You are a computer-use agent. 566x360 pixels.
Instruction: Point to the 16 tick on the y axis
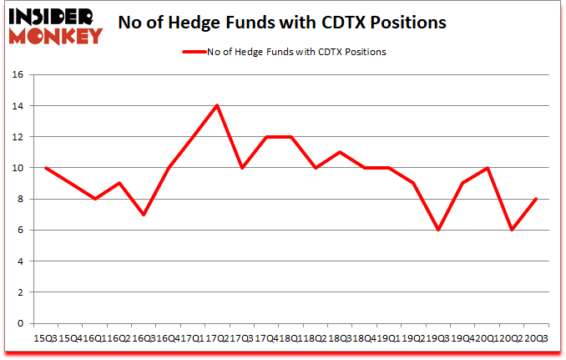click(18, 74)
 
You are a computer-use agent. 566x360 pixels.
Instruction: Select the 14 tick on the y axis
click(18, 106)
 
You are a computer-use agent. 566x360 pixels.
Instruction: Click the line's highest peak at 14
click(217, 105)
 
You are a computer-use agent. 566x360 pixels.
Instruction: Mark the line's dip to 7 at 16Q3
click(144, 215)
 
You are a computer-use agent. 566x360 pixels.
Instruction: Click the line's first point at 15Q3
click(46, 168)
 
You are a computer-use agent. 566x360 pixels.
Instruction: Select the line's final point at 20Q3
click(535, 199)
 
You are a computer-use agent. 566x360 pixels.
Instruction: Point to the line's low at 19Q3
click(437, 230)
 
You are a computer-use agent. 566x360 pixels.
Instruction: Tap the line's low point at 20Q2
click(511, 230)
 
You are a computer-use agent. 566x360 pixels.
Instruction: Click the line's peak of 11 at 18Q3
click(340, 152)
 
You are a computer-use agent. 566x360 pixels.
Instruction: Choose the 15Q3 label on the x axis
click(46, 337)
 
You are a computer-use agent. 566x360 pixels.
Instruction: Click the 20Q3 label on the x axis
click(535, 337)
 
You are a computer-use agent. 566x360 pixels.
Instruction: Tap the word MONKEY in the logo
click(58, 35)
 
